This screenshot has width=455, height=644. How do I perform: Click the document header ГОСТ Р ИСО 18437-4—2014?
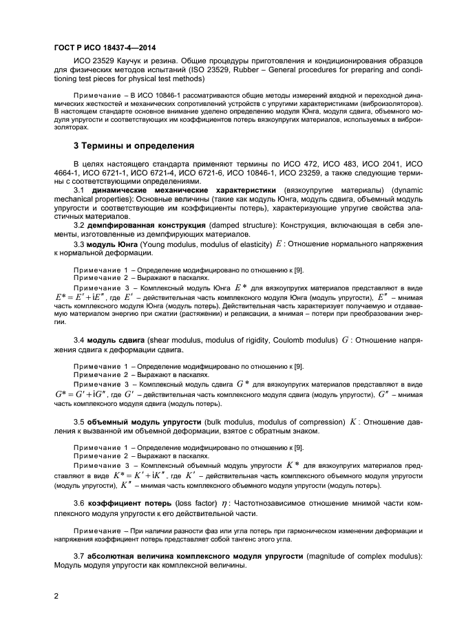(103, 47)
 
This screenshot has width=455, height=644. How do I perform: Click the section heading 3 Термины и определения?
(134, 146)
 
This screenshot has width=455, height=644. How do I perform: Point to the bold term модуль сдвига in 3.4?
(113, 340)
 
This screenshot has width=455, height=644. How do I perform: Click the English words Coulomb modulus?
(301, 340)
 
